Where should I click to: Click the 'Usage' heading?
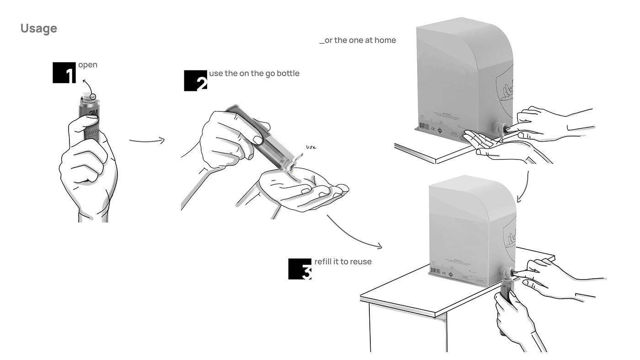pyautogui.click(x=39, y=28)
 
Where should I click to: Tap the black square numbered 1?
pyautogui.click(x=64, y=73)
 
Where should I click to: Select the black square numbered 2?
pyautogui.click(x=195, y=81)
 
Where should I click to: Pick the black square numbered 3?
pyautogui.click(x=299, y=269)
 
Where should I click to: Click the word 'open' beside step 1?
pyautogui.click(x=88, y=65)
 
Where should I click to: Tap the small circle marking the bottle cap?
pyautogui.click(x=93, y=96)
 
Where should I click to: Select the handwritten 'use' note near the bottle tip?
pyautogui.click(x=311, y=147)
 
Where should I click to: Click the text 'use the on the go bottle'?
pyautogui.click(x=254, y=73)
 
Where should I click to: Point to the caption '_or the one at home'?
pyautogui.click(x=357, y=40)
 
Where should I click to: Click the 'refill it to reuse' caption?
pyautogui.click(x=343, y=262)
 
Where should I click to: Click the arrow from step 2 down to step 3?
pyautogui.click(x=354, y=233)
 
